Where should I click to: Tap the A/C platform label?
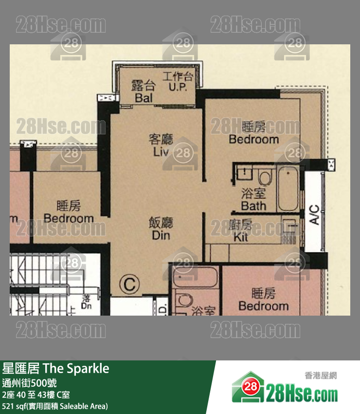point(314,215)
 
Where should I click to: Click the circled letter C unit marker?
point(129,284)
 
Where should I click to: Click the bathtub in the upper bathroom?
point(288,188)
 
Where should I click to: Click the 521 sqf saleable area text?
point(55,406)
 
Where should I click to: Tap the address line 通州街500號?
point(30,383)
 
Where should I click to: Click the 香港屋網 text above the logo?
point(321,376)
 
